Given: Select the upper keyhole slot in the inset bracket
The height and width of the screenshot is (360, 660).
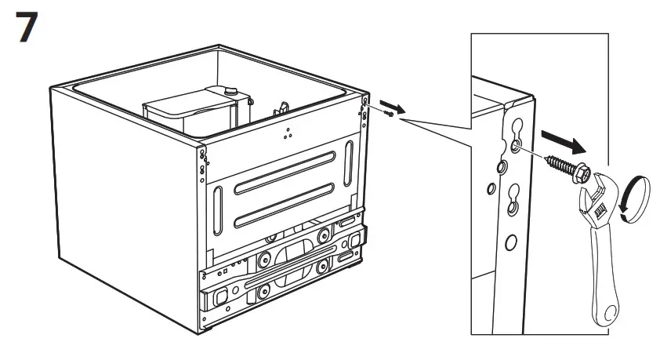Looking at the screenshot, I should point(514,136).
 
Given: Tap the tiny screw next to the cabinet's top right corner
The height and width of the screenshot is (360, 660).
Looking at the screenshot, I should point(388,115).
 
